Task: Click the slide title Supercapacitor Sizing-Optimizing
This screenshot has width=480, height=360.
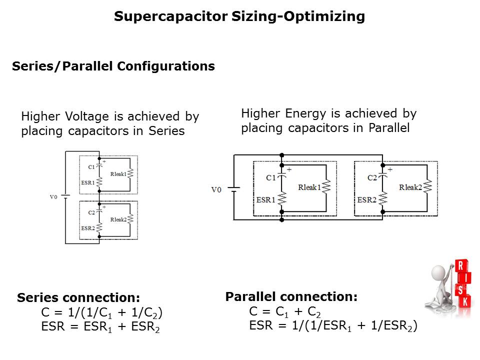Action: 239,16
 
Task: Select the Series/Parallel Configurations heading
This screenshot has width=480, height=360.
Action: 113,66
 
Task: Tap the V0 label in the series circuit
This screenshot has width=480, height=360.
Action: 53,197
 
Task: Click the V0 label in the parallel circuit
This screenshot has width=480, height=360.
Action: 216,189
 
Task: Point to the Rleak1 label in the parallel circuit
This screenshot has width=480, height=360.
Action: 308,187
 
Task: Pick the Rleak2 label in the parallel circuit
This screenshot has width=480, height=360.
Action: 410,187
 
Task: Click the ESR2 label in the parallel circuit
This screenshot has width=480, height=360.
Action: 367,200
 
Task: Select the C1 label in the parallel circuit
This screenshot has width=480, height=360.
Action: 271,177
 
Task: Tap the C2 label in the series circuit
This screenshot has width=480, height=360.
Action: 91,213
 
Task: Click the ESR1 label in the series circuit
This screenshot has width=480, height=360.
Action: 87,183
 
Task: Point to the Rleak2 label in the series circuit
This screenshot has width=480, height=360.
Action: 118,219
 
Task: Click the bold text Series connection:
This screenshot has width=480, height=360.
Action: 78,298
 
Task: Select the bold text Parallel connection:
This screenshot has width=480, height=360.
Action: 291,297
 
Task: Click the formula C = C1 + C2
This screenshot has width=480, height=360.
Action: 285,312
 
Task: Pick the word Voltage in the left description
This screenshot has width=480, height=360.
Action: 87,117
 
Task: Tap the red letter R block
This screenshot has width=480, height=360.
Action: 461,266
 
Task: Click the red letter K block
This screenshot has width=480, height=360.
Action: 464,301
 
